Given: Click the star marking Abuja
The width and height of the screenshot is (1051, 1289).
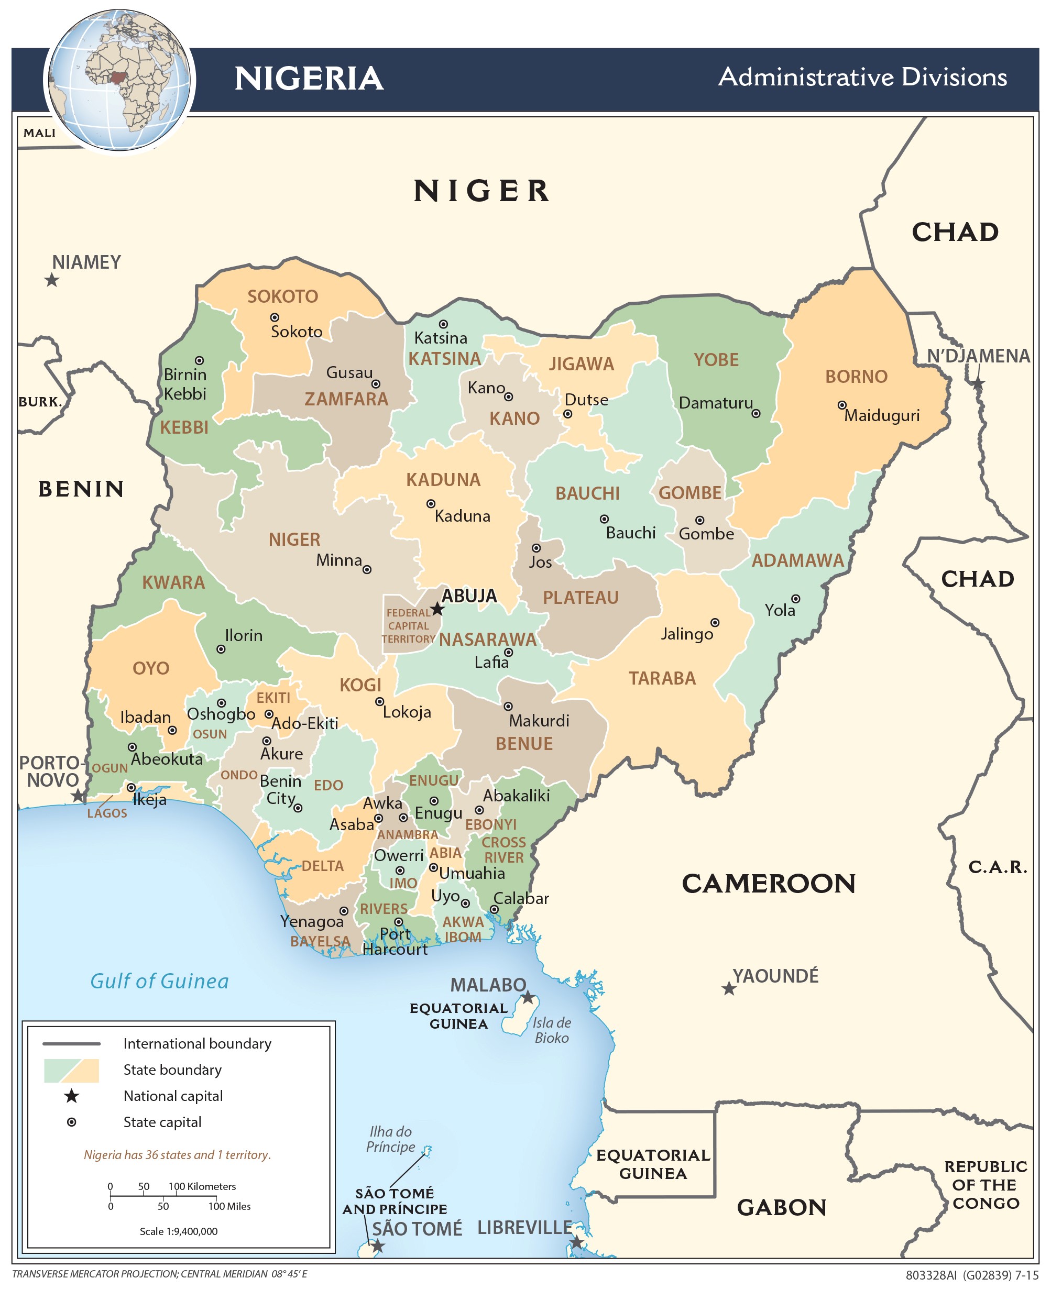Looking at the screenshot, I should pos(437,609).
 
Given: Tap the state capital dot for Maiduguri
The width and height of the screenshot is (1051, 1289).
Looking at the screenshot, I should pos(841,405).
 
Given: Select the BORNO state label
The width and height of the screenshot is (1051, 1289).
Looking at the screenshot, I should pos(856,377).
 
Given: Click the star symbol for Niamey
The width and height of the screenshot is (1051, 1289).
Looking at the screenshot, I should pos(52,280).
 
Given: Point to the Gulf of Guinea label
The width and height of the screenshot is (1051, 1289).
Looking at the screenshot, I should pos(159,981).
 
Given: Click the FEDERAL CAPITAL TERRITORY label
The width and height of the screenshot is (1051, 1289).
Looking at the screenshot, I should pos(409,626).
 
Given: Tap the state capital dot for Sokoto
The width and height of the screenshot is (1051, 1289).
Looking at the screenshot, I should pos(274,317).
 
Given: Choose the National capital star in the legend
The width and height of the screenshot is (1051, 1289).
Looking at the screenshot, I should pos(71,1096).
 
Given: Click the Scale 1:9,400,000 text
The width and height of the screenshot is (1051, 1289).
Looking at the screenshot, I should pos(179,1231).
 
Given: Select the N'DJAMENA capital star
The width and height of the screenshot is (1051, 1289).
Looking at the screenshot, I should pos(978,382).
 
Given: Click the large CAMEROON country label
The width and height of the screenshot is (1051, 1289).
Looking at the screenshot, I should pos(768,884).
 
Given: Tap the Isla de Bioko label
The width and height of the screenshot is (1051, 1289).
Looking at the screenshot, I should pos(552,1030).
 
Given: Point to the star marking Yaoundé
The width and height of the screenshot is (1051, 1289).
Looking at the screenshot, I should pos(729,989).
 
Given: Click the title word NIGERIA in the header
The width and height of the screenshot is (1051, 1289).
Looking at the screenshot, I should pos(309,79).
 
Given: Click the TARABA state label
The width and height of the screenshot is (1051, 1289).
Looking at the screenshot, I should pos(662,678).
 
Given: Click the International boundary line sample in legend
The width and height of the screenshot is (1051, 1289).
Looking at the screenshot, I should pos(71,1044).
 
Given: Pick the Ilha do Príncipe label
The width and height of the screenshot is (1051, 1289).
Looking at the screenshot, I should pos(390,1139).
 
